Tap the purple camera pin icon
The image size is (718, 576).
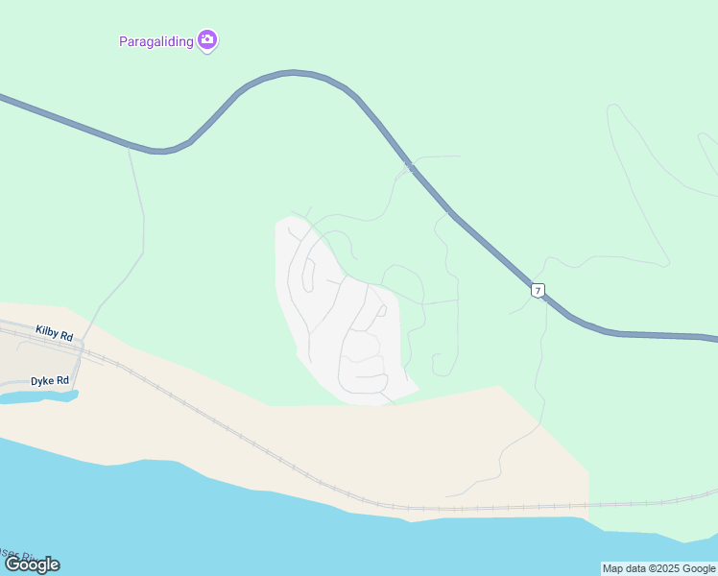[x=207, y=40]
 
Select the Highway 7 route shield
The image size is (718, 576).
[x=538, y=290]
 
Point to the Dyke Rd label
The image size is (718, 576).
[x=50, y=380]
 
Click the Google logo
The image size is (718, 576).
[x=32, y=564]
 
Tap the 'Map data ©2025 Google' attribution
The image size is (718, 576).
[x=658, y=568]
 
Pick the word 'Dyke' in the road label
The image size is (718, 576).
[x=42, y=380]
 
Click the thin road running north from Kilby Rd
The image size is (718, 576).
[x=143, y=230]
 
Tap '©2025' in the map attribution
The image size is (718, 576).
[x=657, y=568]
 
